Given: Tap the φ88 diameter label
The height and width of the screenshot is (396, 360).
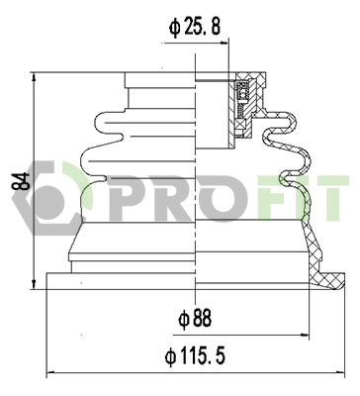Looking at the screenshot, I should click(x=196, y=320).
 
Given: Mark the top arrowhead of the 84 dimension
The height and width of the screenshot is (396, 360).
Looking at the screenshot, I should click(x=36, y=77).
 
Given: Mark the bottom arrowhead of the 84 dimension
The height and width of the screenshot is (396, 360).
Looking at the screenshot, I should click(x=36, y=283).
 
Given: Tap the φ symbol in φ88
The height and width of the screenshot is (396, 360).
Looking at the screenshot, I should click(x=183, y=320).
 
